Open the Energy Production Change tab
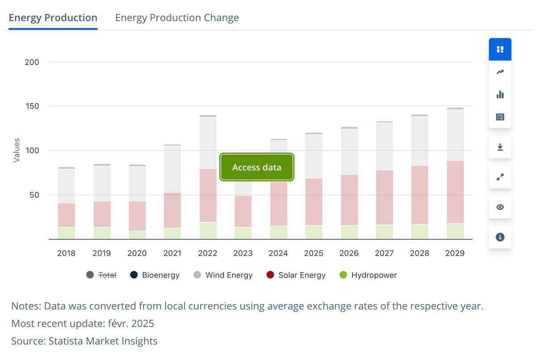[x=177, y=18]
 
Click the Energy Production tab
[x=53, y=18]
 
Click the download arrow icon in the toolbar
[x=500, y=147]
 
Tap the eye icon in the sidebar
[x=500, y=207]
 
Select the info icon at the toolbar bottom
[x=500, y=237]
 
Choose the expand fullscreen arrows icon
[x=500, y=177]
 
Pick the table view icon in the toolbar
[x=500, y=117]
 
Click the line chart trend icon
[x=500, y=72]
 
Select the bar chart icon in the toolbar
[x=500, y=95]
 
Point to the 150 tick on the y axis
[x=32, y=106]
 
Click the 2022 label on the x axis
[x=208, y=253]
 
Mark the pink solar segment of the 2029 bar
[x=455, y=192]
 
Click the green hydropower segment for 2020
[x=137, y=235]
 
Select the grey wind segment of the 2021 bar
[x=172, y=169]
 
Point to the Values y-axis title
[x=17, y=150]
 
